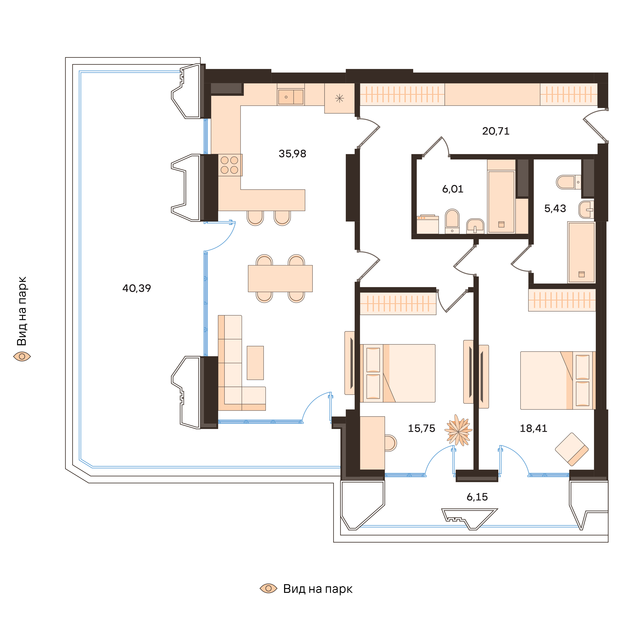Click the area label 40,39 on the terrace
tap(136, 288)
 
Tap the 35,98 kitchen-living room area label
tap(292, 154)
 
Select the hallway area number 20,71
tap(496, 131)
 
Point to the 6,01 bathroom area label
tap(452, 189)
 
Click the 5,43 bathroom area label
tap(555, 209)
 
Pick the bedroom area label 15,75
tap(421, 428)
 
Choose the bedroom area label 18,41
tap(533, 428)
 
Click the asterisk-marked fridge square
tap(339, 98)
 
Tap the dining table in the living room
tap(280, 278)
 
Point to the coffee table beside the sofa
tap(255, 363)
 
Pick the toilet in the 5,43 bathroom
tap(568, 182)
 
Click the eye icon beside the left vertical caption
tap(22, 356)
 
